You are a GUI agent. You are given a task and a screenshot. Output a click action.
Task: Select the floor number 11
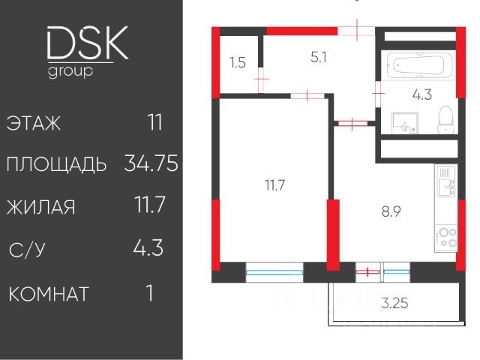click(155, 122)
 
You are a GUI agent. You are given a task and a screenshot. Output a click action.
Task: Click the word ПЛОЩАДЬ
click(56, 165)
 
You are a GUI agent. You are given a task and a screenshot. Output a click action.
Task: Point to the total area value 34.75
click(151, 164)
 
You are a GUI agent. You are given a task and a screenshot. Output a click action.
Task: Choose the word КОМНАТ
click(49, 292)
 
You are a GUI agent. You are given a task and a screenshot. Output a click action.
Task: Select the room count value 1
click(151, 292)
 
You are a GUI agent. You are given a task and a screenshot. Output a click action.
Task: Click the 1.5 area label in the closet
click(238, 63)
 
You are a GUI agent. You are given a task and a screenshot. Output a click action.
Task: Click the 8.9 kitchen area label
click(391, 211)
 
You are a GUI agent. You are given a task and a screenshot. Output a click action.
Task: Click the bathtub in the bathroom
click(418, 66)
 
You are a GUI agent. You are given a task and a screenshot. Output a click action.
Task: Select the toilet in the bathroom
click(445, 120)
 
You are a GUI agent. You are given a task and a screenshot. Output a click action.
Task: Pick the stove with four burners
click(447, 236)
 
